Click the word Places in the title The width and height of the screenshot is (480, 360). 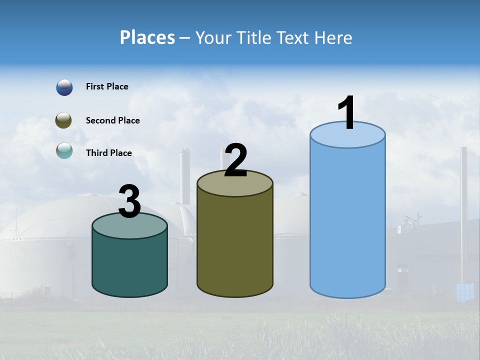[x=147, y=37]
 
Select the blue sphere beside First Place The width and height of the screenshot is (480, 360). [x=64, y=87]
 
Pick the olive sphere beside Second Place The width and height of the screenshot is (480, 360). [x=63, y=120]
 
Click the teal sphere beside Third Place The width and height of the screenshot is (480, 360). [x=64, y=150]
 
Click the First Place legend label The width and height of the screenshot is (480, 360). [x=107, y=86]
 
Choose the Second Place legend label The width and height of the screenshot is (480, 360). [x=112, y=120]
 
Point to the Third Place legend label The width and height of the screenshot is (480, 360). [x=108, y=153]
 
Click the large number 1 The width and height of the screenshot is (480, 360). [x=347, y=112]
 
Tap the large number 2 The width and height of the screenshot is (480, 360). [x=236, y=160]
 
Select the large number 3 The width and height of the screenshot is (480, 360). [x=130, y=202]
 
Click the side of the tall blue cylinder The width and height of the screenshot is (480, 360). [x=347, y=220]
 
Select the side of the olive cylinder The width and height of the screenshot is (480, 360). [x=235, y=245]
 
